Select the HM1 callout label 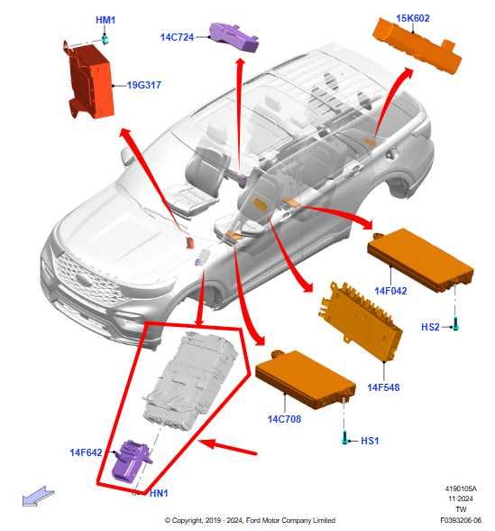[105, 20]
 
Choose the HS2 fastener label [432, 327]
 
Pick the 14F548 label [383, 387]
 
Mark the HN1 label [160, 493]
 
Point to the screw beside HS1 [345, 438]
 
